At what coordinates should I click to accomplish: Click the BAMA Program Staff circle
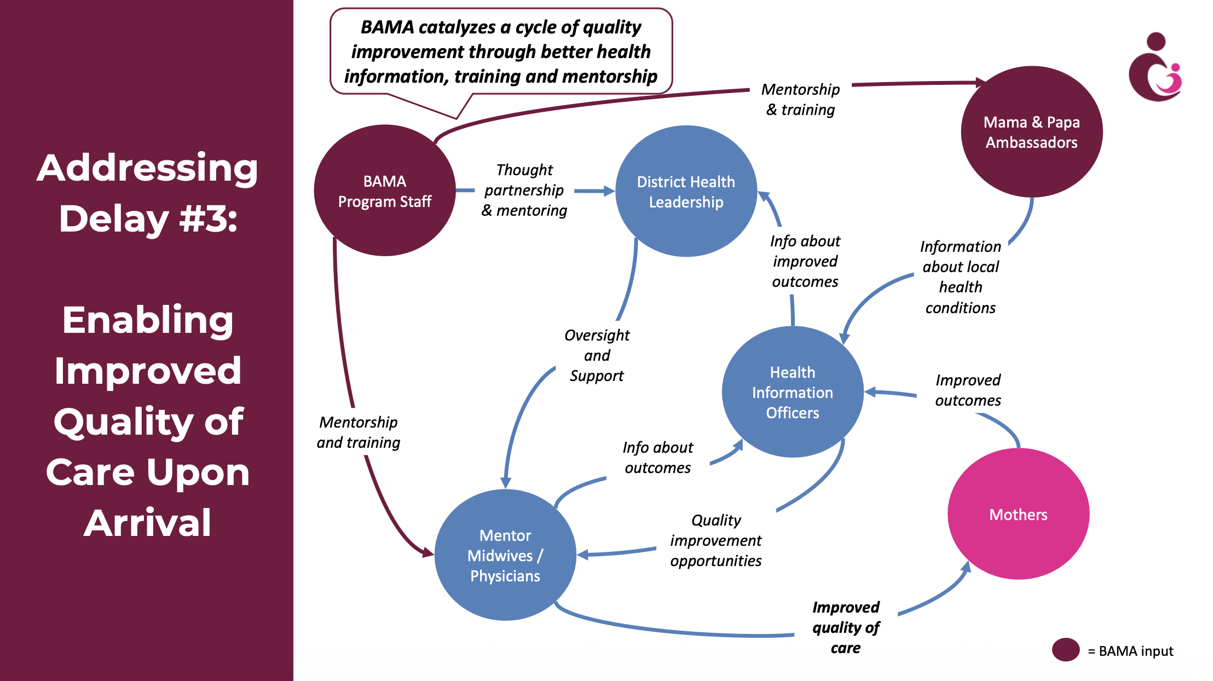tap(385, 191)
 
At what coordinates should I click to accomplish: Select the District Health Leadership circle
tap(686, 191)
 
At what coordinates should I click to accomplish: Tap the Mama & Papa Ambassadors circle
tap(1032, 132)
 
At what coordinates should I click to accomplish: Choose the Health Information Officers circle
tap(793, 392)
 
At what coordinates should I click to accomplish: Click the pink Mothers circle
tap(1019, 514)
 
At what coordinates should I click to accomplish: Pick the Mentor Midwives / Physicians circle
tap(505, 555)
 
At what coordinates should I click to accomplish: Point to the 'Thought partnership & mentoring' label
tap(524, 190)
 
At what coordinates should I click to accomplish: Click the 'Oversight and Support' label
tap(597, 355)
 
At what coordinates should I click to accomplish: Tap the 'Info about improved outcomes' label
tap(805, 261)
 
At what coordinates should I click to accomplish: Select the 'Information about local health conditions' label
tap(961, 277)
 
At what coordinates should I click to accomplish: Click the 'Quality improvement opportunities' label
tap(716, 540)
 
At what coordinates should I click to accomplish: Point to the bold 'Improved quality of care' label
tap(846, 627)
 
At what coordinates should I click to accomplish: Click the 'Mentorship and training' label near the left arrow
tap(359, 432)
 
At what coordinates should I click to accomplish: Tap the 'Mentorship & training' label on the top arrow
tap(800, 100)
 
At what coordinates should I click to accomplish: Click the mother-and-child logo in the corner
tap(1156, 67)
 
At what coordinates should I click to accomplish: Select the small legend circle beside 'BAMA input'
tap(1066, 650)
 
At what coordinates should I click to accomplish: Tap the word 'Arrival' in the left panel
tap(148, 523)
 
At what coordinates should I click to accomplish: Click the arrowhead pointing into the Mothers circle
tap(966, 567)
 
